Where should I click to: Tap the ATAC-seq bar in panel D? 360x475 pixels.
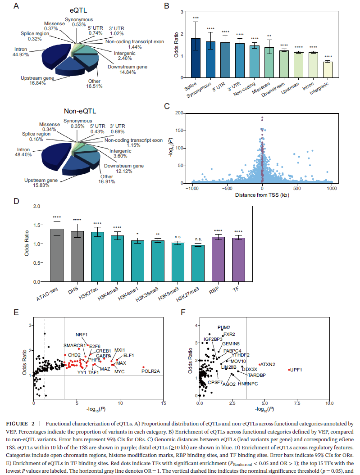click(x=57, y=255)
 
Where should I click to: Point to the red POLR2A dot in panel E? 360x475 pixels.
click(x=143, y=367)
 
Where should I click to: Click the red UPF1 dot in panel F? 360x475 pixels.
click(x=289, y=370)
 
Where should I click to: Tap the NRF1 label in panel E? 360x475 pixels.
click(x=82, y=335)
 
